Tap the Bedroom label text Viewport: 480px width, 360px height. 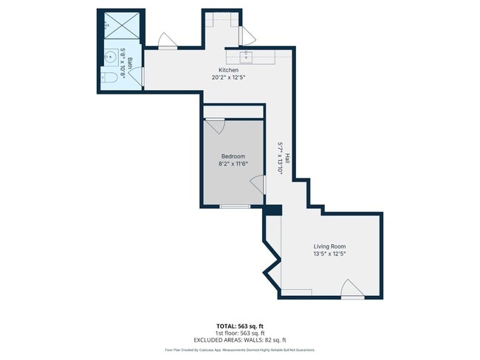233,156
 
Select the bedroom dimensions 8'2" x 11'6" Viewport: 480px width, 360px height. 233,164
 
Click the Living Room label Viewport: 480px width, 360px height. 329,246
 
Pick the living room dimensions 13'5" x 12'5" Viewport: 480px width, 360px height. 329,254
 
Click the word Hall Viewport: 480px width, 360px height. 287,158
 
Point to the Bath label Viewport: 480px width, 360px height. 130,63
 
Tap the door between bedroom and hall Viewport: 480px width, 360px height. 258,185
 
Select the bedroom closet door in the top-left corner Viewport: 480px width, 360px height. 214,126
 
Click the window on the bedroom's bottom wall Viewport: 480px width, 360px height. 235,207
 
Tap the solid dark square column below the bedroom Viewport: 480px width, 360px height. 272,210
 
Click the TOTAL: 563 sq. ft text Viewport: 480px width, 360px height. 239,325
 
